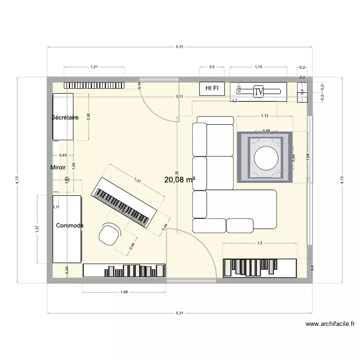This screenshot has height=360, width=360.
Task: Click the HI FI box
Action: tap(212, 88)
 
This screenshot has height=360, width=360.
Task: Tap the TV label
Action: tap(259, 91)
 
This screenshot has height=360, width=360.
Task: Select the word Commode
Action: tap(70, 226)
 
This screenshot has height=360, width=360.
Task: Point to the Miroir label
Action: tap(58, 168)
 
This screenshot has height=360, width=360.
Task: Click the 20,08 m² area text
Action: tap(180, 180)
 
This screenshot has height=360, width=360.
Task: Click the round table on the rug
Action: tap(265, 157)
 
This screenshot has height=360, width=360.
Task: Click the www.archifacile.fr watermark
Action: tap(330, 324)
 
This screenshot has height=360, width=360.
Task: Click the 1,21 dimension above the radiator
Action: tap(94, 67)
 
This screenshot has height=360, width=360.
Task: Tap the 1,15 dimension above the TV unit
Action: tap(258, 67)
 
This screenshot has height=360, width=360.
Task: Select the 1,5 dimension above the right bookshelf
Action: tap(260, 243)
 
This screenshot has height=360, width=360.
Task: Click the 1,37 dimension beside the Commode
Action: tap(37, 229)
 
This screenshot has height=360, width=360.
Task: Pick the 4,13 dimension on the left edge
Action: tap(17, 180)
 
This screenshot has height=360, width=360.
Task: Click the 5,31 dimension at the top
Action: tap(180, 47)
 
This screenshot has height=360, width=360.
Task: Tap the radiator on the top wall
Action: tap(94, 85)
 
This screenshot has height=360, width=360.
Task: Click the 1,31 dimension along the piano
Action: tap(137, 181)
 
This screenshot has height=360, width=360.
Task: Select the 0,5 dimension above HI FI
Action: tap(212, 67)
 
